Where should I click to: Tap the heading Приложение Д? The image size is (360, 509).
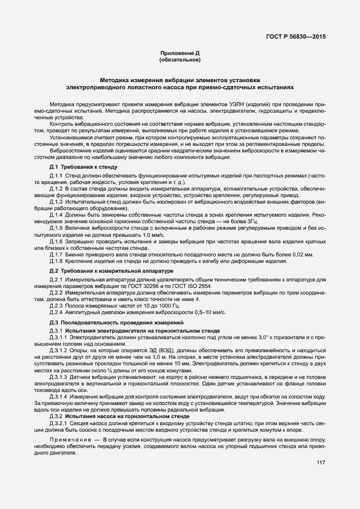pos(180,53)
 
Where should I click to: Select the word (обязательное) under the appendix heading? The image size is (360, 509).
pos(180,59)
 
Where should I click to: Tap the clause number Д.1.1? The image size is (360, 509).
pos(57,176)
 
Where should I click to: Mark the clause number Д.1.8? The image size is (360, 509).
pos(57,261)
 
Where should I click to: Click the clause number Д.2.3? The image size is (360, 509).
pos(57,306)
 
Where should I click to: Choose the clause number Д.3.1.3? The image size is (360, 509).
pos(59,377)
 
